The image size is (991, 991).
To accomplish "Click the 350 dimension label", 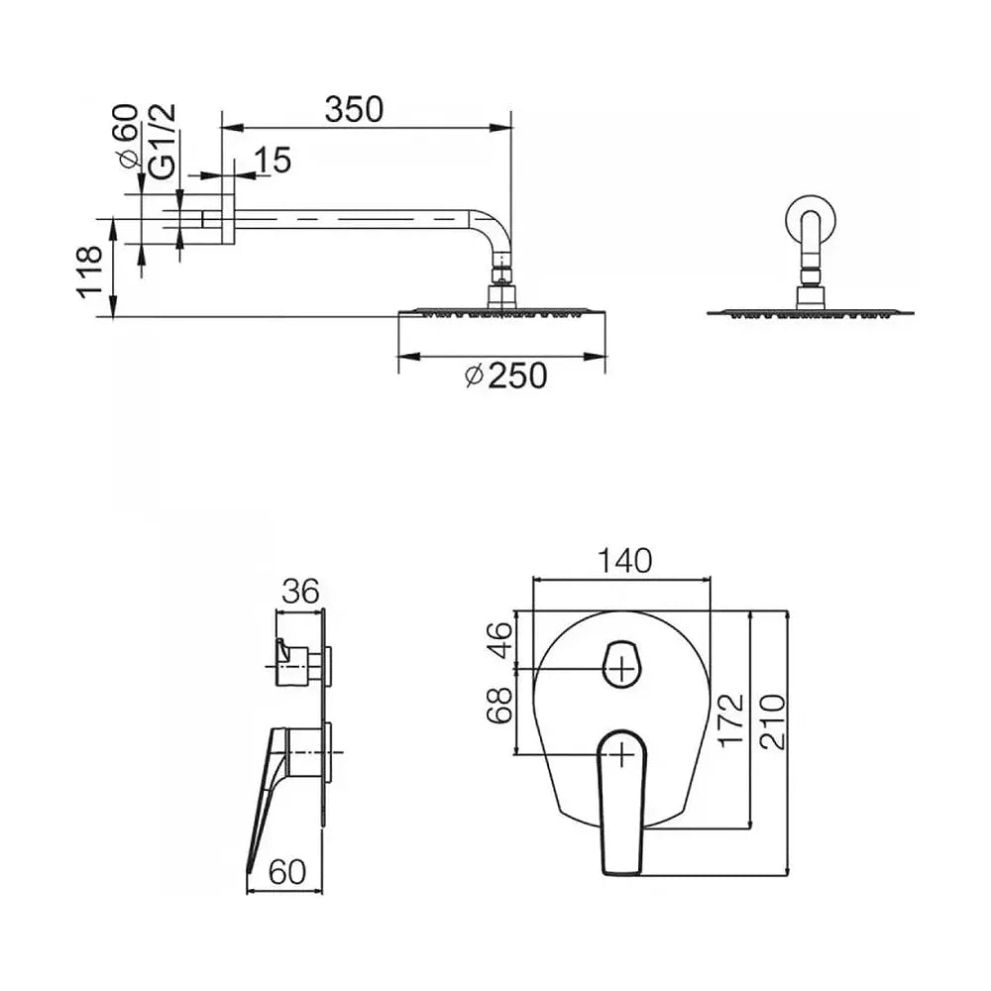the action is tap(354, 109).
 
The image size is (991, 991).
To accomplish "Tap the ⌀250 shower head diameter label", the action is tap(505, 377).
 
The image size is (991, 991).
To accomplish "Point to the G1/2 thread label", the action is tap(164, 142).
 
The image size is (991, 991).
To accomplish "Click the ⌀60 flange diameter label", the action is tap(127, 136).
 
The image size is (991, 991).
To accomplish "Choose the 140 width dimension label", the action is tap(624, 561).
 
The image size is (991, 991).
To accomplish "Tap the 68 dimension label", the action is tap(499, 706).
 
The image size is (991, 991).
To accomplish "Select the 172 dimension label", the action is tap(731, 719).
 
